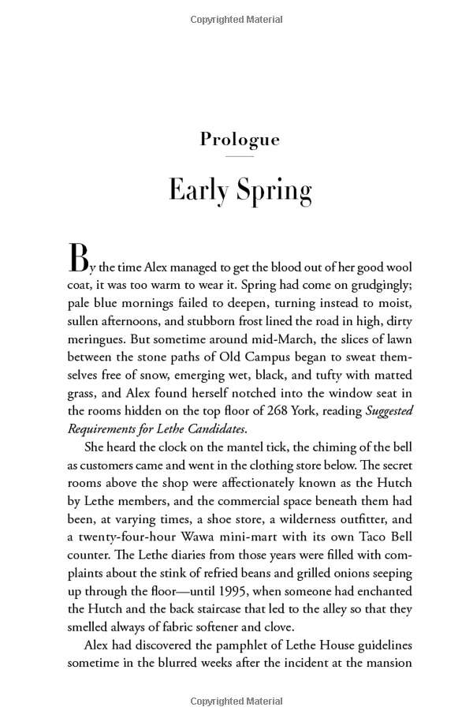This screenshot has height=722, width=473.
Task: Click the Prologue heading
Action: [240, 140]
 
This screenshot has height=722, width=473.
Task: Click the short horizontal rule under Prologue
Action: [240, 156]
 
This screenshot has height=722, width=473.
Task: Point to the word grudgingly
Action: [376, 286]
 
